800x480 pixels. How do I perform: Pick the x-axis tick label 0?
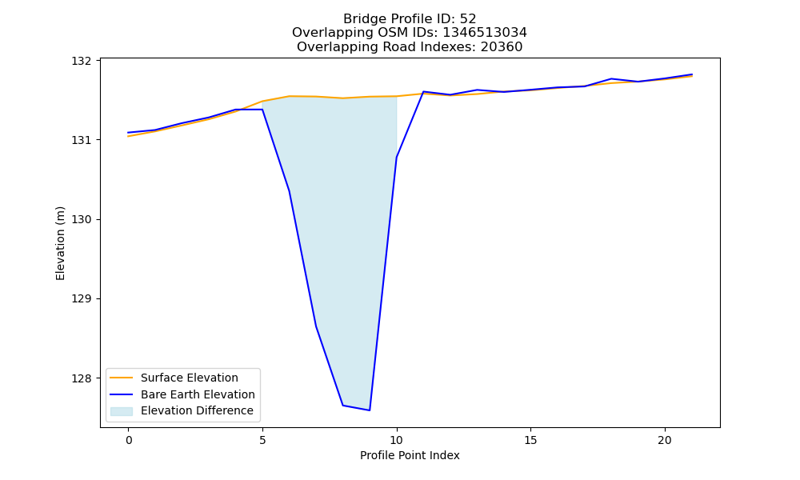[x=129, y=440]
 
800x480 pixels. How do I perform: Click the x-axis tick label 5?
[x=262, y=440]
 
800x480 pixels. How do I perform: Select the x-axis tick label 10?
[x=397, y=440]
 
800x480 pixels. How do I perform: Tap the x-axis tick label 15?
[x=530, y=440]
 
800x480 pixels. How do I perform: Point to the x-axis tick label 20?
[x=665, y=440]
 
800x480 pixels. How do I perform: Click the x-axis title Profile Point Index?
[x=410, y=455]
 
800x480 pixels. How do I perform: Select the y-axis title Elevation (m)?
[x=60, y=243]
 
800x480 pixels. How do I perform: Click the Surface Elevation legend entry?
[x=190, y=378]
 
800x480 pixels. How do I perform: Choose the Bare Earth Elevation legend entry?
[x=198, y=394]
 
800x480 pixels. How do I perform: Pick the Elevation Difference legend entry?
[x=197, y=410]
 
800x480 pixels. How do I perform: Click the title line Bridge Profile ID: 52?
[x=410, y=19]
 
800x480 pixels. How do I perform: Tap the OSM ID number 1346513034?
[x=485, y=33]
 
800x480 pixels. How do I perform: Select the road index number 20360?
[x=502, y=47]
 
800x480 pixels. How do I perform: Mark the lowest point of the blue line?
[x=370, y=410]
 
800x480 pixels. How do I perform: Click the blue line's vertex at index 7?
[x=316, y=326]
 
